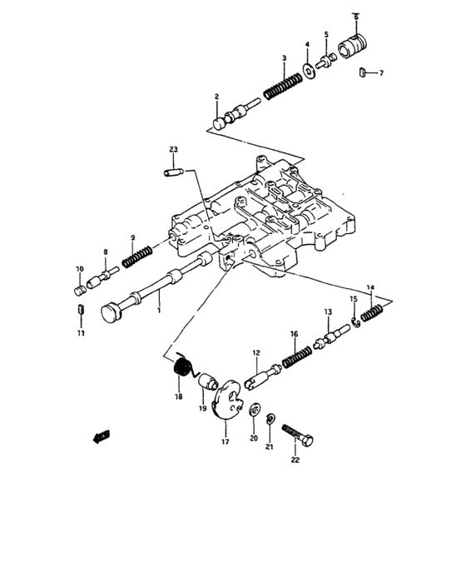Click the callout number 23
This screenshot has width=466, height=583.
(173, 150)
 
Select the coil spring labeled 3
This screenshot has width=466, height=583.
(282, 86)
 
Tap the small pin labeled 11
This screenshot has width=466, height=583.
(79, 313)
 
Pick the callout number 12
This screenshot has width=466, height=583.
(256, 354)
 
